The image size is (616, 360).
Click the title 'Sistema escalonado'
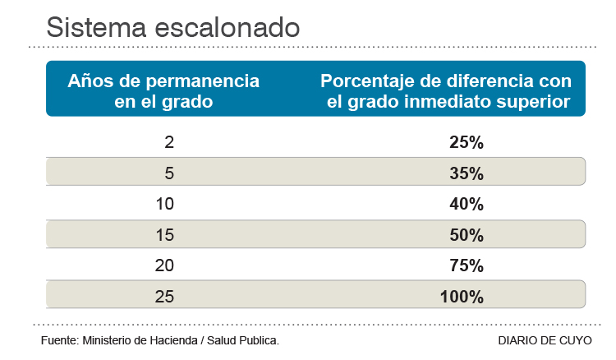[172, 26]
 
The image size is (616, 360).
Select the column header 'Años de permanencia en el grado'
[163, 91]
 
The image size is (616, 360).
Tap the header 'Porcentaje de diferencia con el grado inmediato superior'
[445, 91]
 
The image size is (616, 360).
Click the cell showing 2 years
[169, 142]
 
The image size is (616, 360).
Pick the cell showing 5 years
[169, 173]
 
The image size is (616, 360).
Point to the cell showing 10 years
[164, 204]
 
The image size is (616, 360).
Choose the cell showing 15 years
[164, 235]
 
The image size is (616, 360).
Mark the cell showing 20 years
[164, 265]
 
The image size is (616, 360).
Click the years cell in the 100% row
[164, 296]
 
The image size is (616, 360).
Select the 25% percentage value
[467, 142]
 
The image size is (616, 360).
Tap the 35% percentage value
[467, 173]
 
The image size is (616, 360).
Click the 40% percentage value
[467, 204]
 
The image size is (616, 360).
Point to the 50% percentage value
[467, 235]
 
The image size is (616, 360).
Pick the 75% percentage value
[467, 265]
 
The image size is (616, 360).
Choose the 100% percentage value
[462, 296]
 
